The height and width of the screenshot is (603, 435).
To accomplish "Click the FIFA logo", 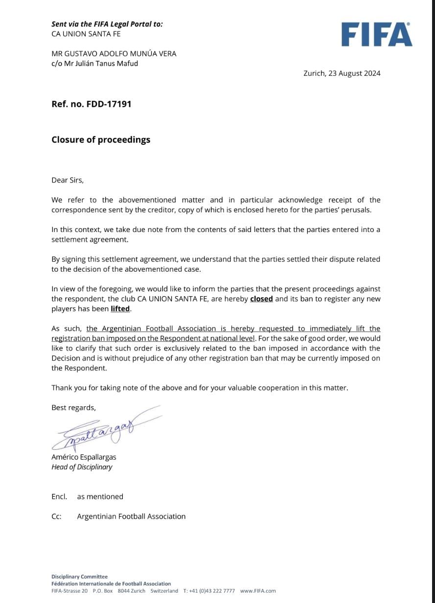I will (x=376, y=35).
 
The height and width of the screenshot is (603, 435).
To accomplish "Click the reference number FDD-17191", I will (x=92, y=104).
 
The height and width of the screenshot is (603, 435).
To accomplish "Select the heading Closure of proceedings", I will (x=101, y=139).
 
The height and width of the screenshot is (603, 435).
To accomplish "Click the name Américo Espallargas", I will (x=84, y=457).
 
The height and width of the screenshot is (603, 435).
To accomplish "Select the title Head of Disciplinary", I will (x=82, y=467).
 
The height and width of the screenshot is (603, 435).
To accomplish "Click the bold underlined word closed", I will (x=261, y=299).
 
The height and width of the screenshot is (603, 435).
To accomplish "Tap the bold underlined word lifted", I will (x=120, y=309).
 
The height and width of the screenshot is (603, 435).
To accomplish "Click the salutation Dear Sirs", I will (x=68, y=180).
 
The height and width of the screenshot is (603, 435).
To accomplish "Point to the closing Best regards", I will (x=73, y=408).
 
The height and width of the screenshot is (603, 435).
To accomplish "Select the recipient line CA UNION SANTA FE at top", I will (x=86, y=34).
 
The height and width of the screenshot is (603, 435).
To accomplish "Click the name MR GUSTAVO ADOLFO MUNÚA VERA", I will (x=114, y=53).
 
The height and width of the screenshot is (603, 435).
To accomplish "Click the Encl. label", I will (x=59, y=496).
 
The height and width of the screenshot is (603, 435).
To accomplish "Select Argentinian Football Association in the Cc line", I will (x=131, y=516).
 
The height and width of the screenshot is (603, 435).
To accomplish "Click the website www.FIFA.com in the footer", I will (x=258, y=591).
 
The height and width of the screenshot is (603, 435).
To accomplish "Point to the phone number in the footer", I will (x=209, y=591).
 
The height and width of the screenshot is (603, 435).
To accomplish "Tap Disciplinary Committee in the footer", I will (x=79, y=577).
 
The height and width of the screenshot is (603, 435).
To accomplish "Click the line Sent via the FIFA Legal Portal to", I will (x=107, y=24).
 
